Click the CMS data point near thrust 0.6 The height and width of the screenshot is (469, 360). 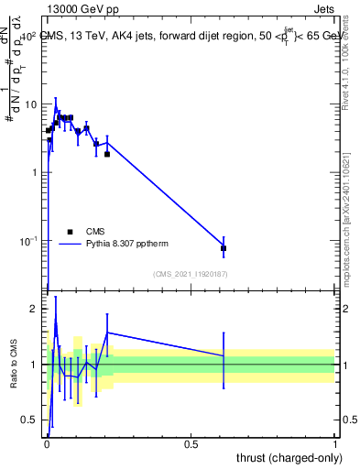tap(224, 248)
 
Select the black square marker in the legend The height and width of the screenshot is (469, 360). tap(71, 232)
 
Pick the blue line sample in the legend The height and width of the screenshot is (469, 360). tap(71, 244)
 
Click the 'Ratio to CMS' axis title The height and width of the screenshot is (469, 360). tap(13, 364)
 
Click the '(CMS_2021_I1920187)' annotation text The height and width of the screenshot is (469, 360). tap(191, 273)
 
